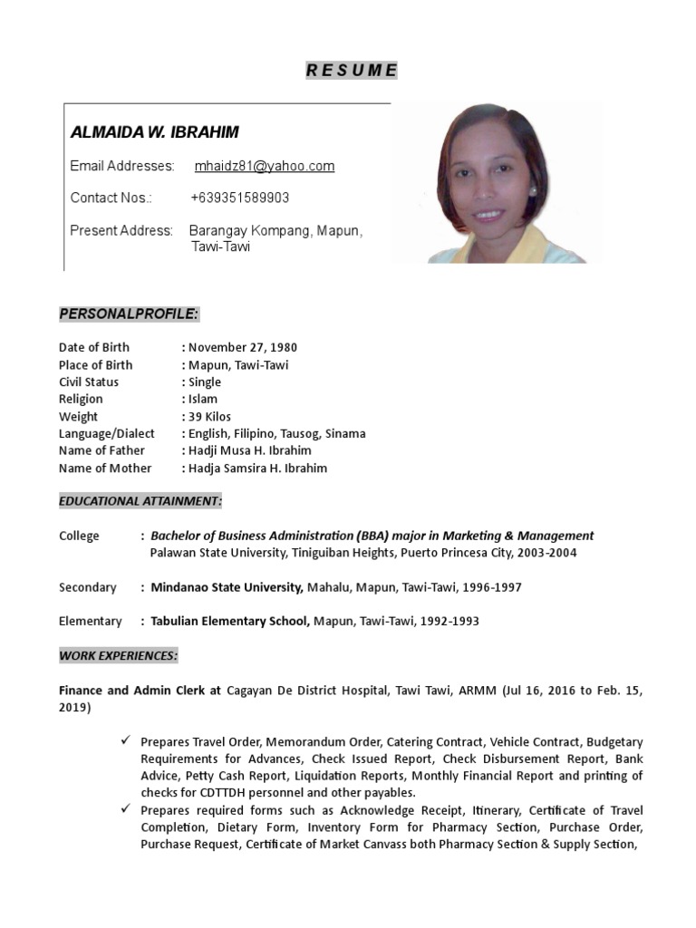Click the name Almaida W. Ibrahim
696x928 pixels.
(155, 132)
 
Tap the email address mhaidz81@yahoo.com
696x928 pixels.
(265, 166)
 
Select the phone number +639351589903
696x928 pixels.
(240, 198)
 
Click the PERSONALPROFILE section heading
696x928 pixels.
(129, 314)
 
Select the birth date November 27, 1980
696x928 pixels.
(242, 347)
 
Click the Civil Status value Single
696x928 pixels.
(204, 382)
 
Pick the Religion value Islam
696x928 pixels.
(202, 399)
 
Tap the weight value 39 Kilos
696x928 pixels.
(209, 416)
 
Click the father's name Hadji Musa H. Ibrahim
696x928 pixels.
(249, 450)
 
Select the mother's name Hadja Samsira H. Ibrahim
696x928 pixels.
(257, 469)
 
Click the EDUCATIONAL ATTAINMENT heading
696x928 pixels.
(140, 500)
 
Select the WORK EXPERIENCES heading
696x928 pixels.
(119, 654)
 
